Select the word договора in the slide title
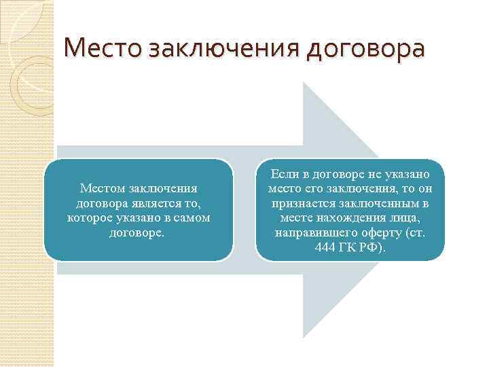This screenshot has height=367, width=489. pyautogui.click(x=365, y=50)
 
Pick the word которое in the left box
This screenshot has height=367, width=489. pyautogui.click(x=90, y=217)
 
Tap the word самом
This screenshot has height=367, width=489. pyautogui.click(x=192, y=217)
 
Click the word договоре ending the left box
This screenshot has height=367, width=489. pyautogui.click(x=139, y=232)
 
